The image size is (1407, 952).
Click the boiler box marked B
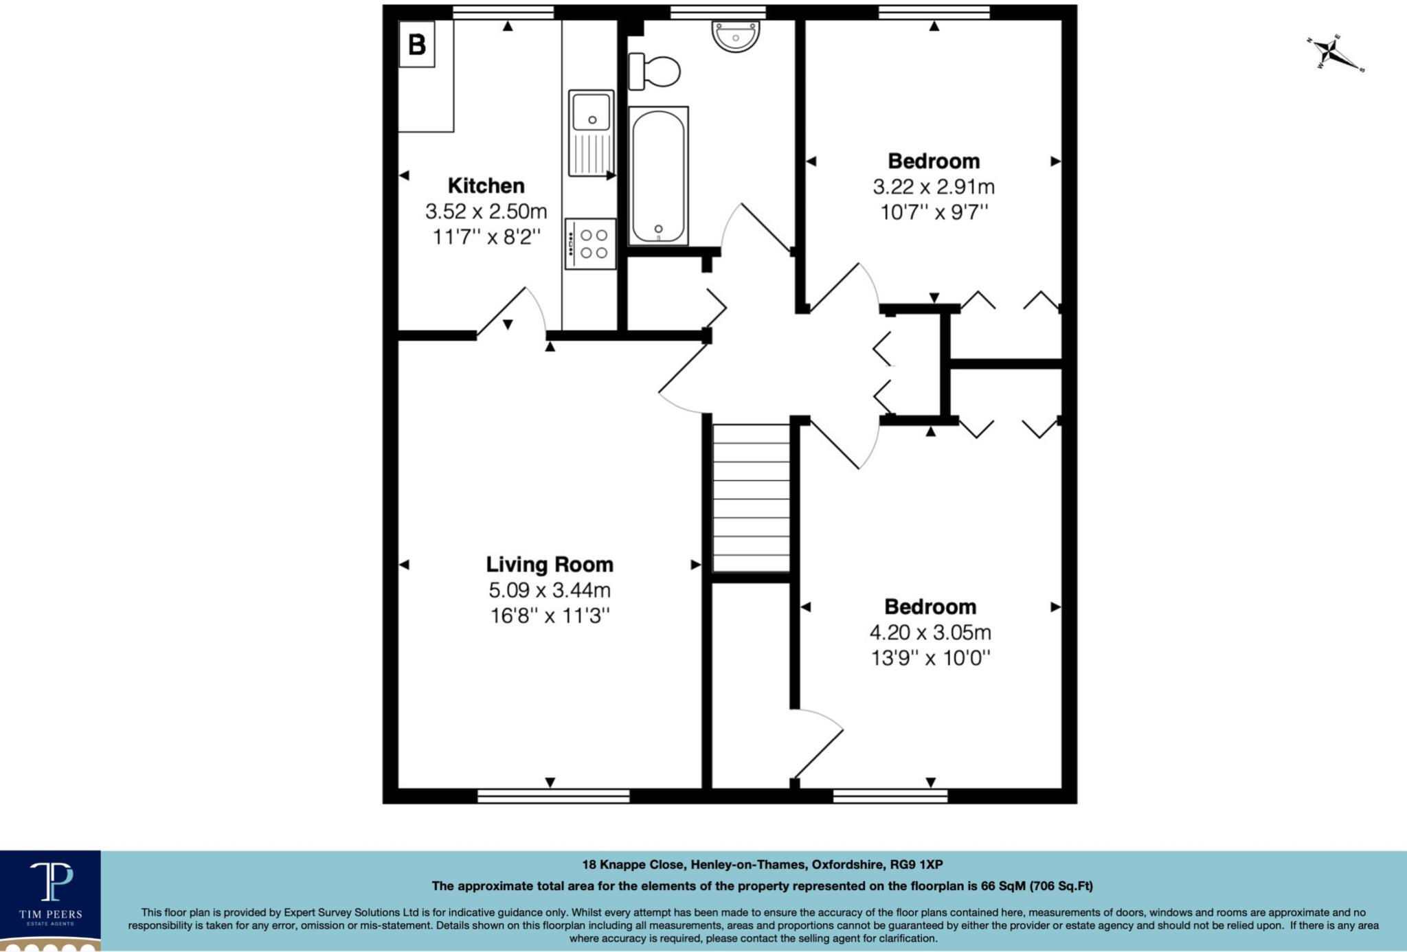click(x=417, y=44)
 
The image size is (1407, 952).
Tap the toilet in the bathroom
click(x=655, y=71)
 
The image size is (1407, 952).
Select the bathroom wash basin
click(x=735, y=36)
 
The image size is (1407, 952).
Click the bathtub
click(x=658, y=176)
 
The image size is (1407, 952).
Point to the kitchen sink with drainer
click(x=591, y=133)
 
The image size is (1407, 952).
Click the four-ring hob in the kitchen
click(x=591, y=244)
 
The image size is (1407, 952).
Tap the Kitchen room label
click(x=486, y=185)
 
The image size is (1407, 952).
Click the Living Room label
click(x=550, y=565)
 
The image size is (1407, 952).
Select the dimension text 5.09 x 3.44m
click(x=550, y=590)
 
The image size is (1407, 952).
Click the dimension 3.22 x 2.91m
click(x=933, y=187)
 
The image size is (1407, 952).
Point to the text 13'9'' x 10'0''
click(x=930, y=658)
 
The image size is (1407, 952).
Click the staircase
click(x=751, y=498)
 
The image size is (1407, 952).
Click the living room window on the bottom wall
click(x=554, y=796)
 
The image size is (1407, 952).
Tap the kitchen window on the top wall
click(x=504, y=12)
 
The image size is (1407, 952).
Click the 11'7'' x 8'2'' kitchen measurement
click(x=486, y=237)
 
